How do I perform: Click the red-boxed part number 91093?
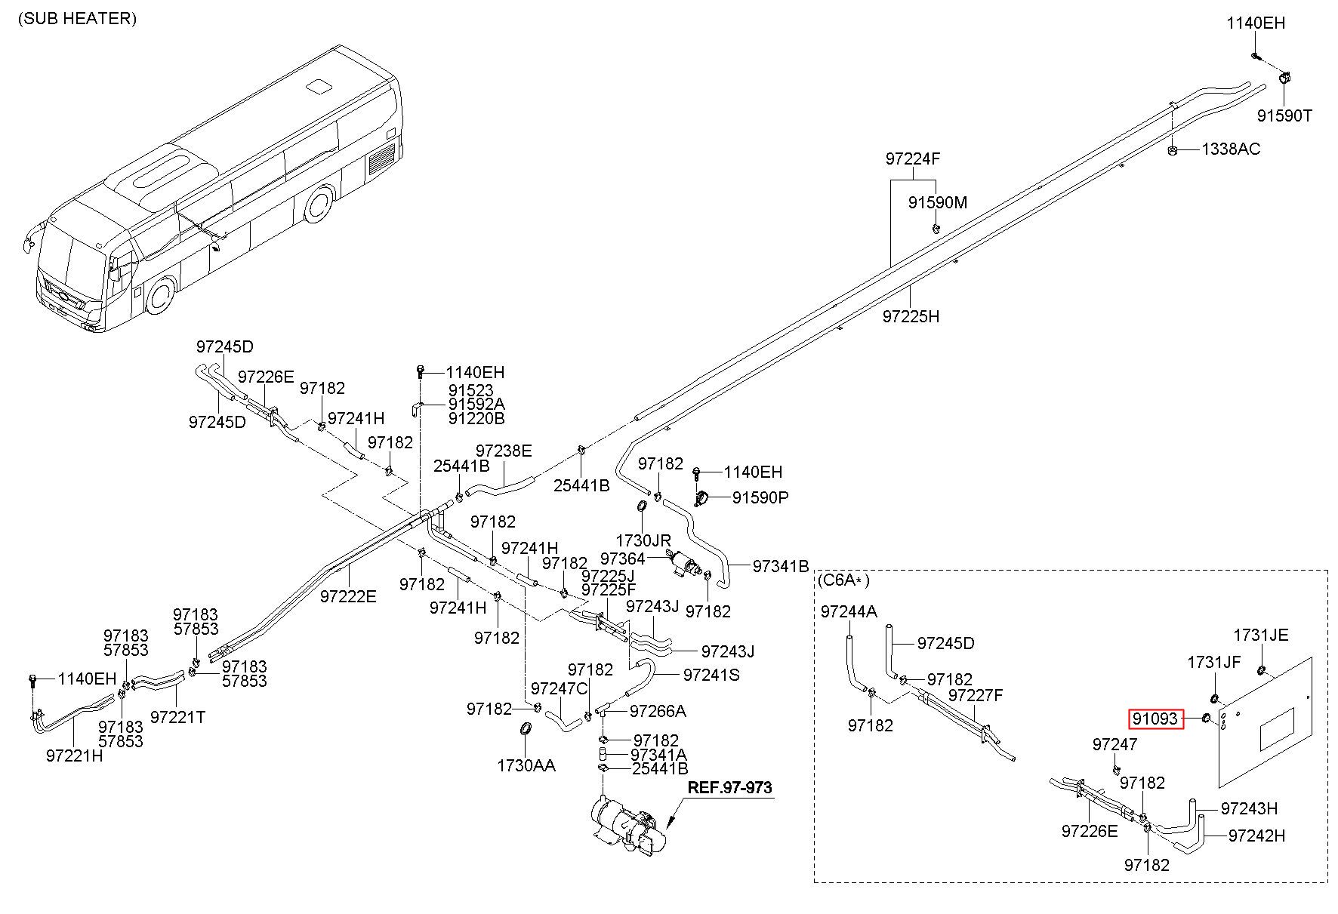pyautogui.click(x=1155, y=719)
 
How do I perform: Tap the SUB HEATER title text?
pyautogui.click(x=78, y=19)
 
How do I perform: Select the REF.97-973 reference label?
pyautogui.click(x=729, y=788)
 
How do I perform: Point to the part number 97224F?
pyautogui.click(x=912, y=159)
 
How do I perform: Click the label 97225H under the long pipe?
pyautogui.click(x=911, y=316)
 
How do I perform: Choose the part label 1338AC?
pyautogui.click(x=1231, y=149)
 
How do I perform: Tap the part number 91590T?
pyautogui.click(x=1284, y=115)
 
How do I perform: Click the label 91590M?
pyautogui.click(x=937, y=203)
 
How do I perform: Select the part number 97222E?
pyautogui.click(x=348, y=596)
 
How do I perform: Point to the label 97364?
pyautogui.click(x=623, y=559)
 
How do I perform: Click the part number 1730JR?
pyautogui.click(x=643, y=540)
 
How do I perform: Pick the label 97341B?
pyautogui.click(x=781, y=566)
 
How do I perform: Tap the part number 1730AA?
pyautogui.click(x=526, y=765)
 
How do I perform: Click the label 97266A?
pyautogui.click(x=658, y=711)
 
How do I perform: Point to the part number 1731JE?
pyautogui.click(x=1261, y=635)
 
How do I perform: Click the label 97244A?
pyautogui.click(x=849, y=612)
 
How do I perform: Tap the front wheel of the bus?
pyautogui.click(x=160, y=296)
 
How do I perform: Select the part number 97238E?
pyautogui.click(x=504, y=451)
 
